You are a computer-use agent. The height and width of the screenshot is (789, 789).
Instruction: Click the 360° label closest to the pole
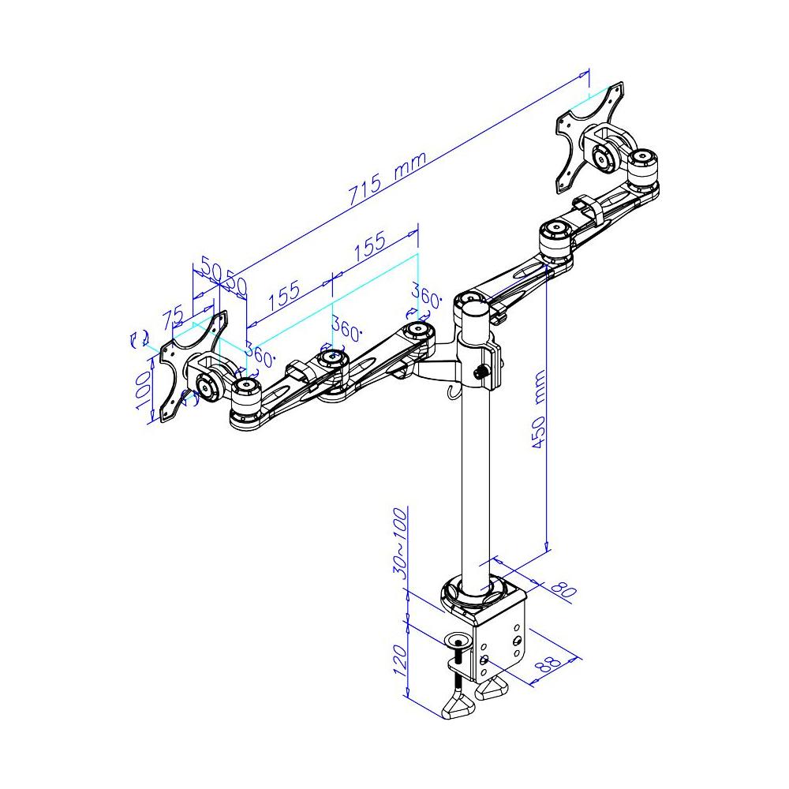(x=426, y=297)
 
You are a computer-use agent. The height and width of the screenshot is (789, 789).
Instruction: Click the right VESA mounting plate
(x=590, y=134)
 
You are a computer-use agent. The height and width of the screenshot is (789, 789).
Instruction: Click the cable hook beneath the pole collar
(x=452, y=392)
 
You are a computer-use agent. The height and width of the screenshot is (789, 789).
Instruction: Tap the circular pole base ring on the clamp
(x=477, y=591)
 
